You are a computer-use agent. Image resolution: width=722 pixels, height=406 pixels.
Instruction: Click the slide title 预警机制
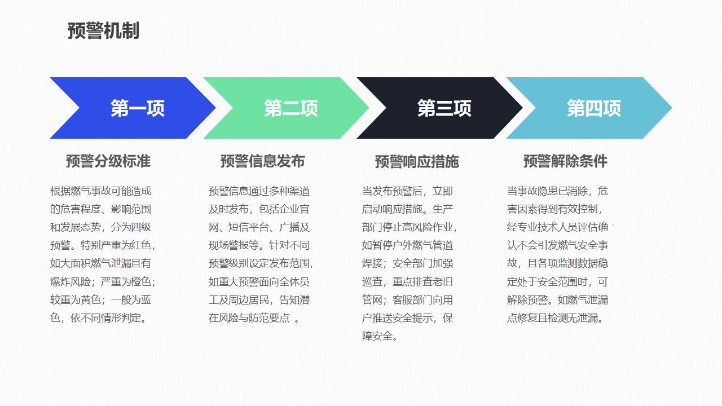tap(103, 31)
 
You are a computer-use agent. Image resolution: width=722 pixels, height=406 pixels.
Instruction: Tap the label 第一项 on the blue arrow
tap(138, 108)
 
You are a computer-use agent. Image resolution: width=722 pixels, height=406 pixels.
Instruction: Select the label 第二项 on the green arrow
tap(291, 108)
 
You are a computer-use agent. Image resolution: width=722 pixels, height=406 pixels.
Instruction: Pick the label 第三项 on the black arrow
tap(444, 108)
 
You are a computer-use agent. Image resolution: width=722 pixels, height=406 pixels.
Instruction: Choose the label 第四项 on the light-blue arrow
tap(594, 108)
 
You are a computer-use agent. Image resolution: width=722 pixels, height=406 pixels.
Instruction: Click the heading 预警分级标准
tap(108, 161)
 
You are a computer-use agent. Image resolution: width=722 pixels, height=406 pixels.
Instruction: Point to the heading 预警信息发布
tap(263, 161)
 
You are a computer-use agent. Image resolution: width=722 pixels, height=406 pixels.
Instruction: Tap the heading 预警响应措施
tap(417, 161)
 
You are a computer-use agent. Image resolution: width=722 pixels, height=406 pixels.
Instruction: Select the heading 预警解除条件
tap(565, 161)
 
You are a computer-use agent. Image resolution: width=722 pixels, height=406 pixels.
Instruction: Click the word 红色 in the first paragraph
tap(141, 245)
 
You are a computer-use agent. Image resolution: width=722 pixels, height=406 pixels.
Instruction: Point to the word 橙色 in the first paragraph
tap(141, 281)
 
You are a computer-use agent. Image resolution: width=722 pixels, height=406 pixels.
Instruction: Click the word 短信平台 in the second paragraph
tap(249, 227)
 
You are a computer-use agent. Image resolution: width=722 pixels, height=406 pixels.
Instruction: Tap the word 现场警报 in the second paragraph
tap(229, 245)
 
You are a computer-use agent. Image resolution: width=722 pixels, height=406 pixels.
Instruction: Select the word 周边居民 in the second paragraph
tap(249, 299)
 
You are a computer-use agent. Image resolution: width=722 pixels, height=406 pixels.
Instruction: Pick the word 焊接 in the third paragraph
tap(372, 263)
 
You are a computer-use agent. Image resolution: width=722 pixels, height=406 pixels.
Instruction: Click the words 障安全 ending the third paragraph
tap(377, 336)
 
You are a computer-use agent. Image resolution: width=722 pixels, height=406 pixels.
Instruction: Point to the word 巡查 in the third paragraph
tap(372, 281)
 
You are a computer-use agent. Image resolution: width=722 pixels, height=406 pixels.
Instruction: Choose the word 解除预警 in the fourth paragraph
tap(527, 299)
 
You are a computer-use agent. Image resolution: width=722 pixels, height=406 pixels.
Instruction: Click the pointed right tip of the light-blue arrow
tap(672, 108)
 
